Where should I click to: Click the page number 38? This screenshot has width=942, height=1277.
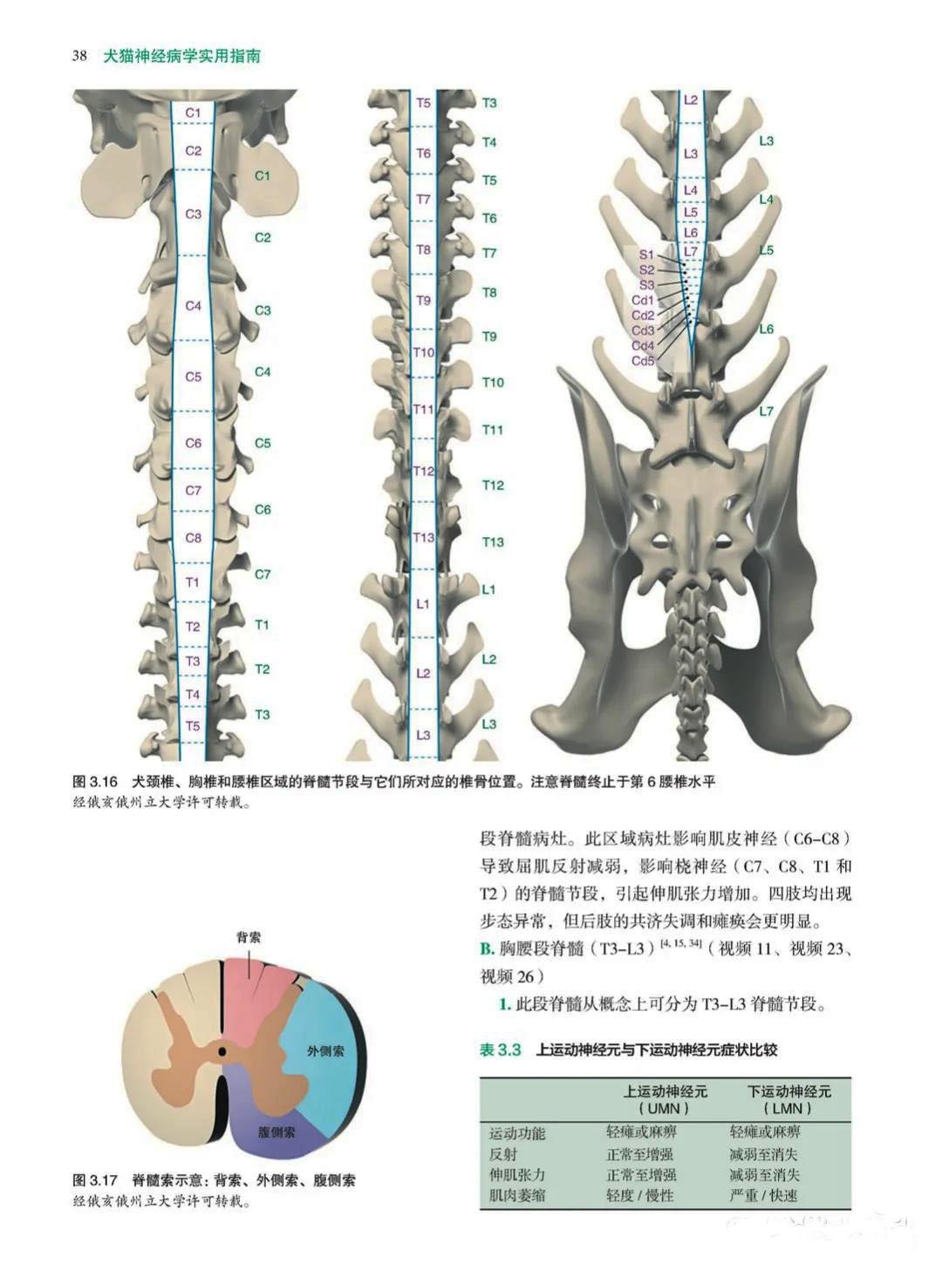[79, 55]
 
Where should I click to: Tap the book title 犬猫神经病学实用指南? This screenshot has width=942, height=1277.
[181, 55]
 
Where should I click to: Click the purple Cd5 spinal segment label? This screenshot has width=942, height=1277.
[643, 361]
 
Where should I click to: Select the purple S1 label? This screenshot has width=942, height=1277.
[645, 255]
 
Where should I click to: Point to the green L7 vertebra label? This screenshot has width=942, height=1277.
[766, 411]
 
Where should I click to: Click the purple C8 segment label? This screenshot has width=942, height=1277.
[194, 538]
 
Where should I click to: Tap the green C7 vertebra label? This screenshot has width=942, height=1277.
[263, 574]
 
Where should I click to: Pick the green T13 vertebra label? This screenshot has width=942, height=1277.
[493, 541]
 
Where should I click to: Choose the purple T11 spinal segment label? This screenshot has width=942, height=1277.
[423, 409]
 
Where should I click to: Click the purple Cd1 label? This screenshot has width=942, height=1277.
[643, 300]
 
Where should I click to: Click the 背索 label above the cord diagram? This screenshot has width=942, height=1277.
[249, 937]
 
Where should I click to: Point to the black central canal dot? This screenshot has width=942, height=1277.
[222, 1051]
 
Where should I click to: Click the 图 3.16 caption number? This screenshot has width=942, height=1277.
[95, 780]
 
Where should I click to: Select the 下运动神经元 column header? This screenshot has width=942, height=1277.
[789, 1091]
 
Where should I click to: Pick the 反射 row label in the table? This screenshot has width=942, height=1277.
[502, 1154]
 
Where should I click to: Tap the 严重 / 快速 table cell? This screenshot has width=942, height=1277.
[763, 1195]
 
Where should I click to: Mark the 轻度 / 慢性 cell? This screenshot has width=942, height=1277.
[640, 1195]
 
